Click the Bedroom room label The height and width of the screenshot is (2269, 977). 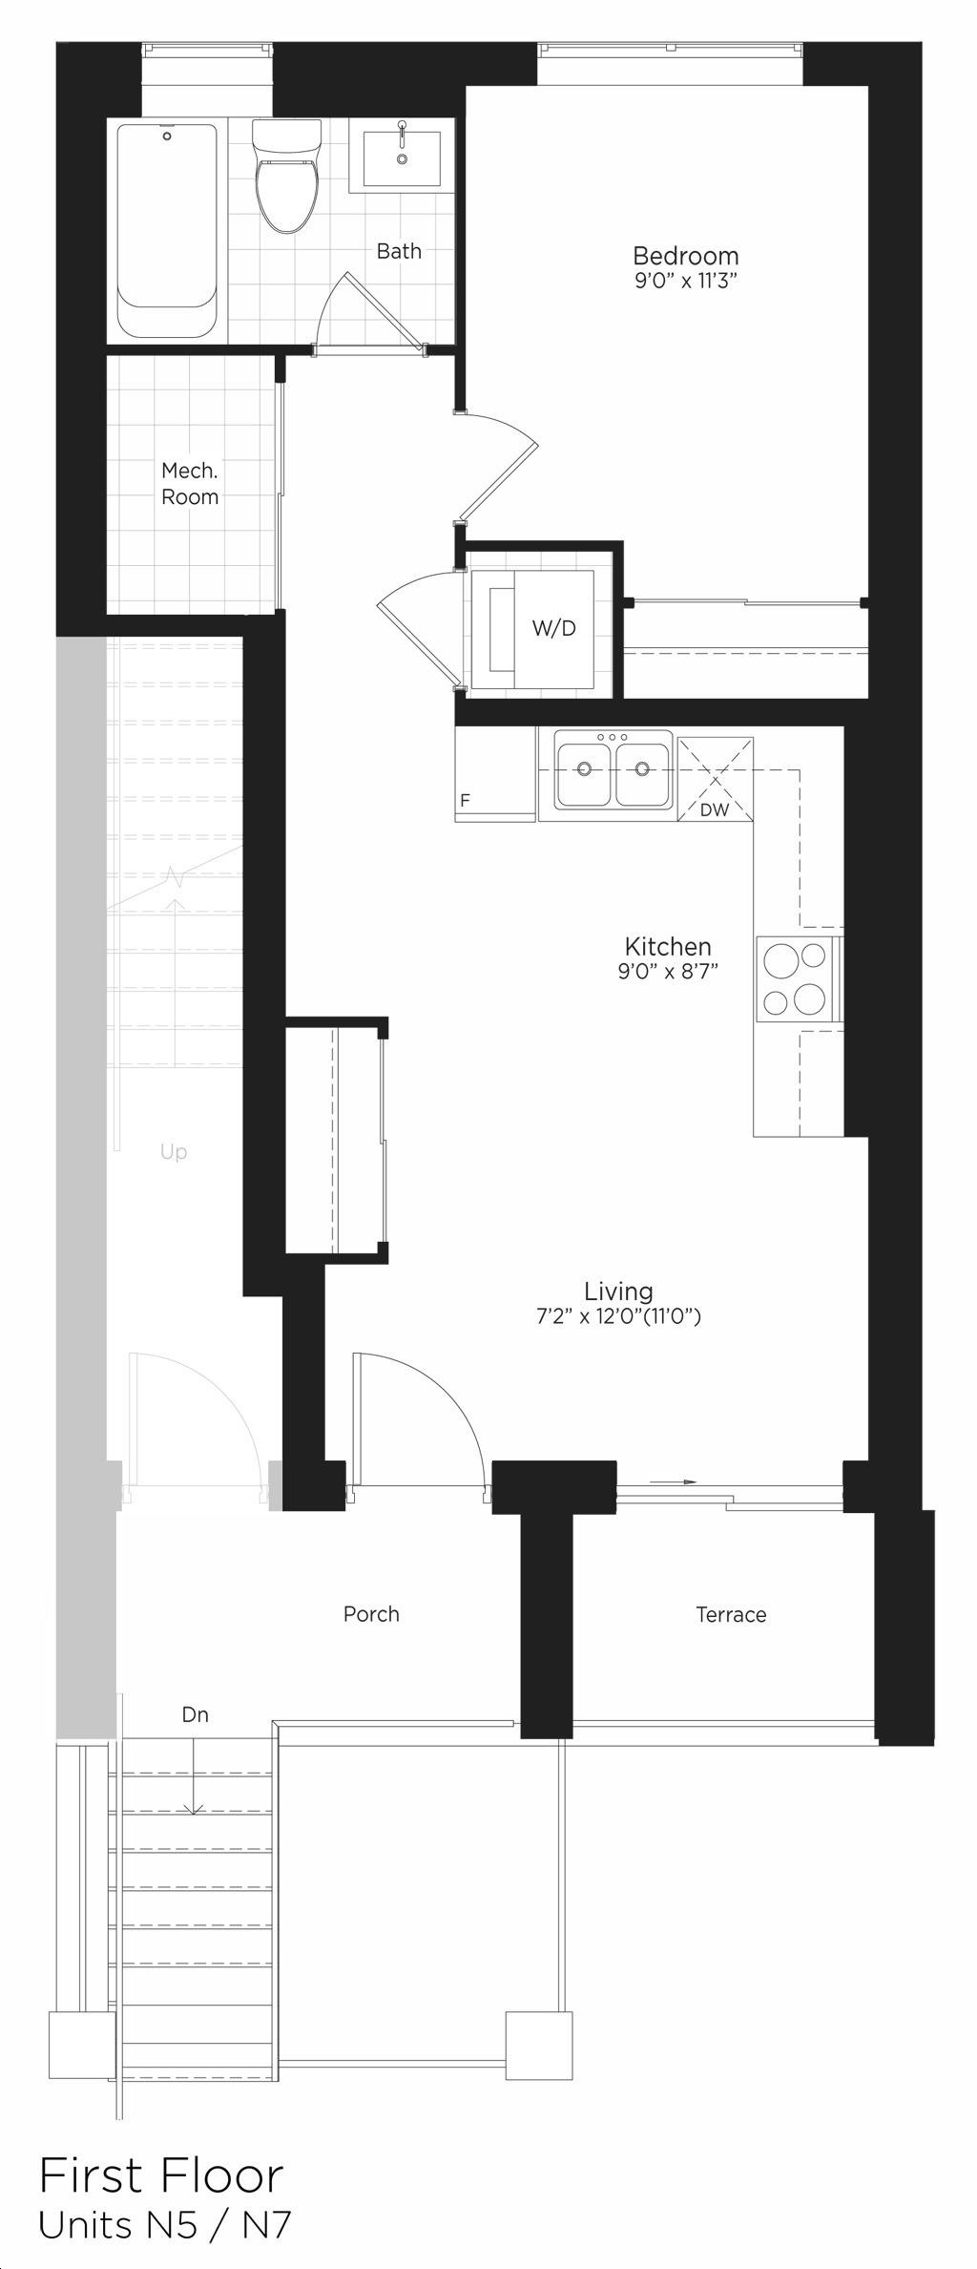pyautogui.click(x=685, y=256)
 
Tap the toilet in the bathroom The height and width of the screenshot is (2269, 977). pyautogui.click(x=285, y=176)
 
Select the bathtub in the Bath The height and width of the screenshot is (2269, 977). pyautogui.click(x=167, y=230)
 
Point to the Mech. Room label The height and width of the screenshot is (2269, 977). pyautogui.click(x=190, y=483)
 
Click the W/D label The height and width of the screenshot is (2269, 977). pyautogui.click(x=553, y=628)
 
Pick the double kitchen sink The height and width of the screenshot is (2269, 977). pyautogui.click(x=605, y=769)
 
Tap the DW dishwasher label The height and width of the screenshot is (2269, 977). pyautogui.click(x=714, y=810)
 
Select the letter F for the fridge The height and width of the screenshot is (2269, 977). pyautogui.click(x=465, y=801)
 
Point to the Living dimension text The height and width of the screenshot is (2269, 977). pyautogui.click(x=618, y=1317)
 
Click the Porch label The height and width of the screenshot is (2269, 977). pyautogui.click(x=371, y=1613)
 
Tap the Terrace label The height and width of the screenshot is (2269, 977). pyautogui.click(x=731, y=1614)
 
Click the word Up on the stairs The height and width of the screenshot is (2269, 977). pyautogui.click(x=174, y=1152)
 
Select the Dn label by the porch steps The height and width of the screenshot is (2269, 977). pyautogui.click(x=195, y=1714)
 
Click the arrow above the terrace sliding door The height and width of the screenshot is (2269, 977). pyautogui.click(x=674, y=1481)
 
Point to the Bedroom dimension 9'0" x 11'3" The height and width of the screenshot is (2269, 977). pyautogui.click(x=686, y=282)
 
